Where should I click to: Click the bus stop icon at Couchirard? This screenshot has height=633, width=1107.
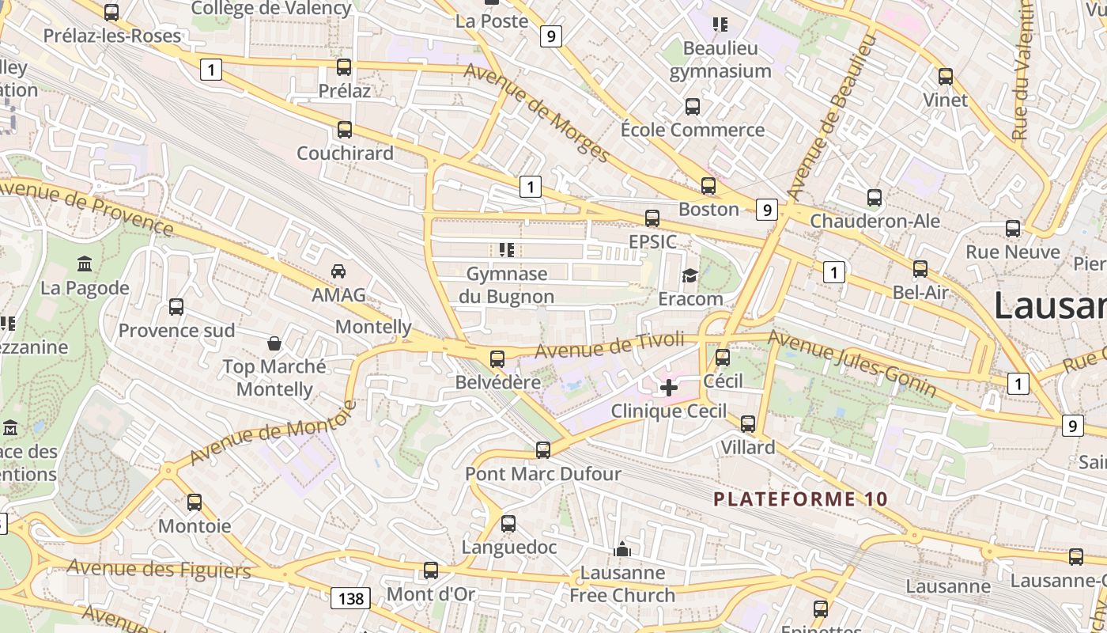[x=344, y=129]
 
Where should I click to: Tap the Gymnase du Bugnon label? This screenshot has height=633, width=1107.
[x=507, y=285]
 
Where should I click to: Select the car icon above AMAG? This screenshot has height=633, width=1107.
[x=338, y=271]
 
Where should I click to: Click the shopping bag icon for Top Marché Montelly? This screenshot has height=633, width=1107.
[x=274, y=343]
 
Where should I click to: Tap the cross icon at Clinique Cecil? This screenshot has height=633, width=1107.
[x=669, y=388]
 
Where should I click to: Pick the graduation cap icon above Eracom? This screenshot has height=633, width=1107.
[x=690, y=275]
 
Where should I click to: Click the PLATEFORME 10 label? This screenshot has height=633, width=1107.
[x=801, y=499]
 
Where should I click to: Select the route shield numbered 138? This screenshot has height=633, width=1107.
[x=351, y=598]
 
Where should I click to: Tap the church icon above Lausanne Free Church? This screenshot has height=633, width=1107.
[x=622, y=548]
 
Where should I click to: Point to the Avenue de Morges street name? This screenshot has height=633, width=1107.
[x=537, y=112]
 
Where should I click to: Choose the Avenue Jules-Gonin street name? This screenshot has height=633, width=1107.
[x=852, y=363]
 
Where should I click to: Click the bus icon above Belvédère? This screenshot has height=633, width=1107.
[x=497, y=358]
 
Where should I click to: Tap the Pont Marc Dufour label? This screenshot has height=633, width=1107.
[x=543, y=474]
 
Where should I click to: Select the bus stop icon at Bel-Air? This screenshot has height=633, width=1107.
[x=920, y=269]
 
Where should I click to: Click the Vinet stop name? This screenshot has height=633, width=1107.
[x=945, y=100]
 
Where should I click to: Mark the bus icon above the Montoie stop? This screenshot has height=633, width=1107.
[x=195, y=502]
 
